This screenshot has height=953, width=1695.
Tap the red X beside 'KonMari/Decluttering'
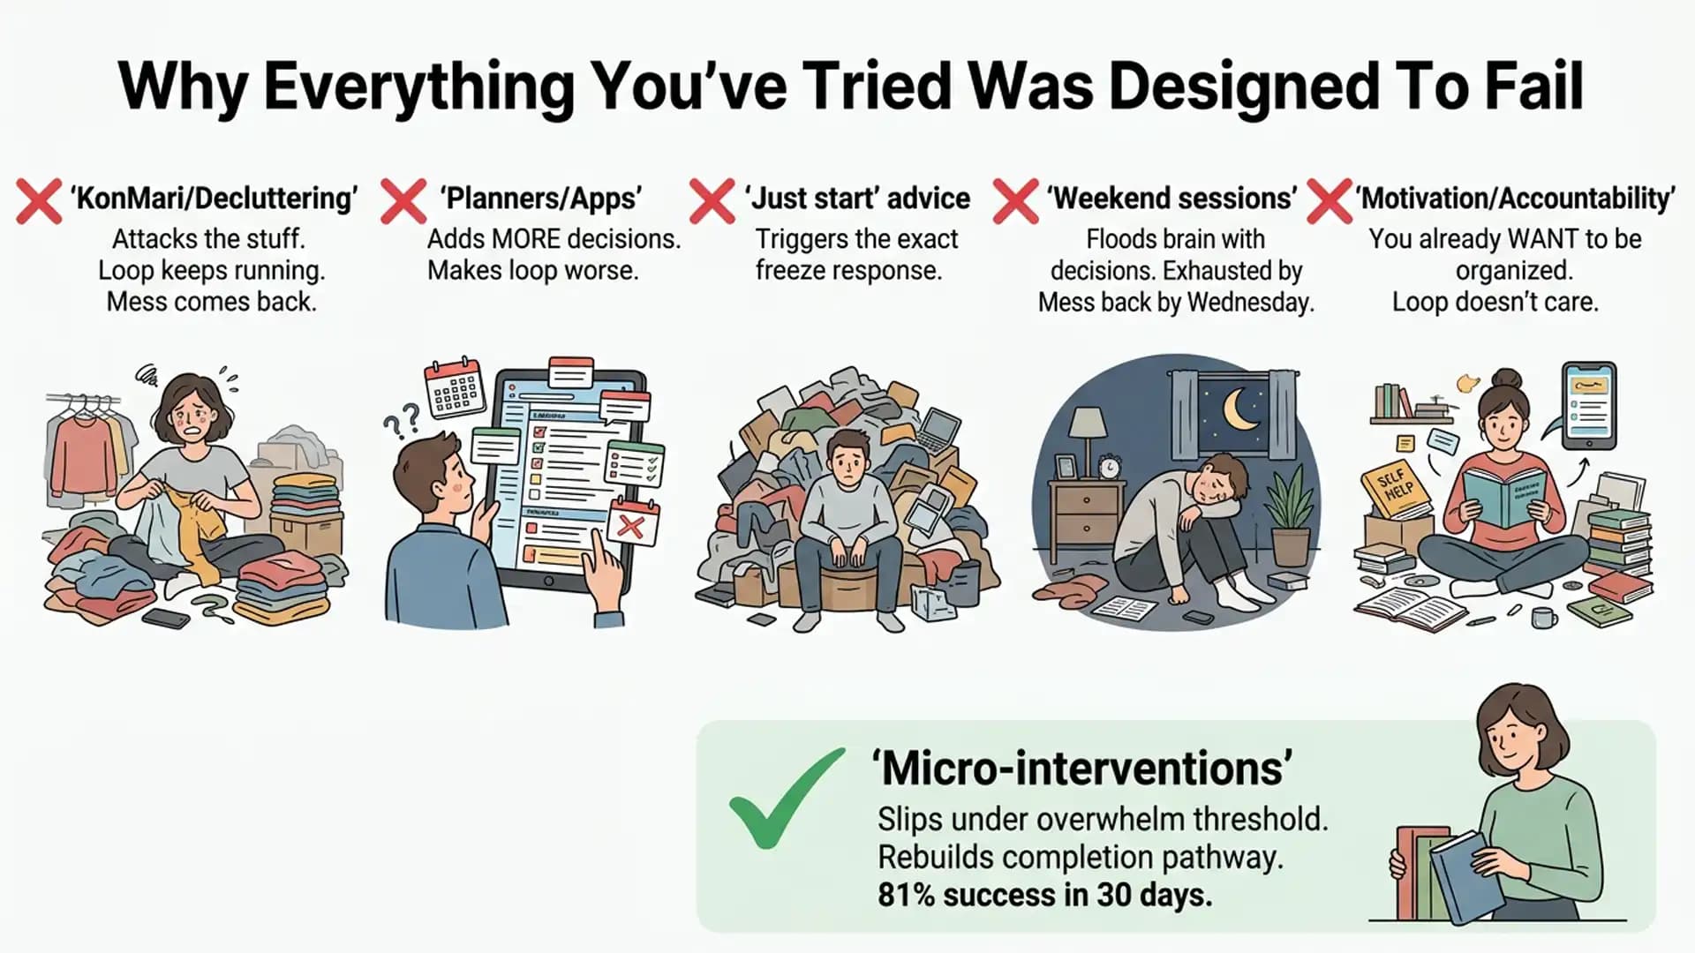[39, 201]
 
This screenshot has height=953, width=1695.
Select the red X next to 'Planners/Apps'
[403, 201]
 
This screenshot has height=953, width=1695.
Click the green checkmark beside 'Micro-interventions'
[785, 799]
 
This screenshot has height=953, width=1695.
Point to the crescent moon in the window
[1241, 409]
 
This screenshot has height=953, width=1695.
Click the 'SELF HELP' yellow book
[1398, 487]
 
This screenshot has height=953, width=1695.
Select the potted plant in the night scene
[1291, 515]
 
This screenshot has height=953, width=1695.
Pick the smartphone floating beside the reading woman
[1589, 406]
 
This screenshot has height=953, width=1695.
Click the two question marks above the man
[402, 422]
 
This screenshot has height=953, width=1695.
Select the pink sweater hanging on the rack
[84, 454]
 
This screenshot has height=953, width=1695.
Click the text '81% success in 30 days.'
[1045, 895]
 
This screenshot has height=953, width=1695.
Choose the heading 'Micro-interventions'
[1082, 768]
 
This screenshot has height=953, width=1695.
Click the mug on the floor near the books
[1544, 617]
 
